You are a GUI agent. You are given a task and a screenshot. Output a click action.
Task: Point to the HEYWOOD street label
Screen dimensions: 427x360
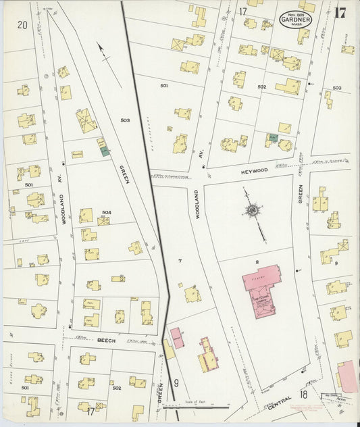254,172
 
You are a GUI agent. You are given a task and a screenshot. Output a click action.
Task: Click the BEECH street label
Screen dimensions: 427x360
107,341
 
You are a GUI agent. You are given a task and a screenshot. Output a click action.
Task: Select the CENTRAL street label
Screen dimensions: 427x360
280,406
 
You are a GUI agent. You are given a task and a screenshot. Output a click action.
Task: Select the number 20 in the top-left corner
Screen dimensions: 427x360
22,25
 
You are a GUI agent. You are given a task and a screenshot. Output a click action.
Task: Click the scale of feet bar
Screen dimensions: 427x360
205,407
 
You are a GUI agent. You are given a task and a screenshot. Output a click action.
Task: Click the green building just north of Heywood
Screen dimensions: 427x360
272,138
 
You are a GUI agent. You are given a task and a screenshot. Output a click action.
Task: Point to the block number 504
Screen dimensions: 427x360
106,213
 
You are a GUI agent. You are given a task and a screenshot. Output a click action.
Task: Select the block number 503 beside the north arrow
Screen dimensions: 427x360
125,120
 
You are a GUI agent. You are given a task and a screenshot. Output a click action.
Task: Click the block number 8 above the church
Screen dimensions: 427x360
257,261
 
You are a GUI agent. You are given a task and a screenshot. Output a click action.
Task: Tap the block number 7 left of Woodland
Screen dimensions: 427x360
180,260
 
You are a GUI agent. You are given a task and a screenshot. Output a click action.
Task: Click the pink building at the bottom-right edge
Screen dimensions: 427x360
346,376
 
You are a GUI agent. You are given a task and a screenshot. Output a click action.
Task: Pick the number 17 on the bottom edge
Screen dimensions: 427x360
91,411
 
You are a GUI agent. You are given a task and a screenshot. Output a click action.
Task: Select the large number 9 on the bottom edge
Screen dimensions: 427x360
176,383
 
